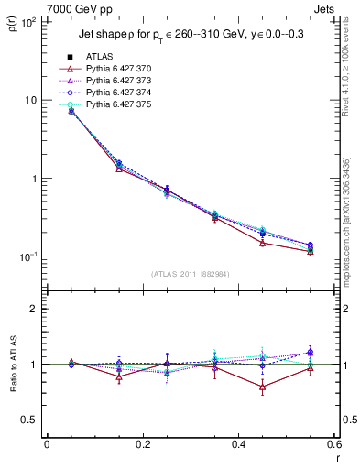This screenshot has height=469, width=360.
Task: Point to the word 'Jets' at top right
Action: click(324, 8)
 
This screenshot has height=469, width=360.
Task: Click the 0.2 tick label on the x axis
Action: click(142, 444)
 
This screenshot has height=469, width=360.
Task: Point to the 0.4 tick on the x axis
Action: click(238, 444)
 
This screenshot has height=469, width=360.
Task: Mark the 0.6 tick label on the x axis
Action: click(333, 444)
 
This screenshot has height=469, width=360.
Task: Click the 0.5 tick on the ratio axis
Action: click(31, 420)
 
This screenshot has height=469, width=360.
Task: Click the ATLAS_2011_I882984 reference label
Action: click(191, 274)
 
